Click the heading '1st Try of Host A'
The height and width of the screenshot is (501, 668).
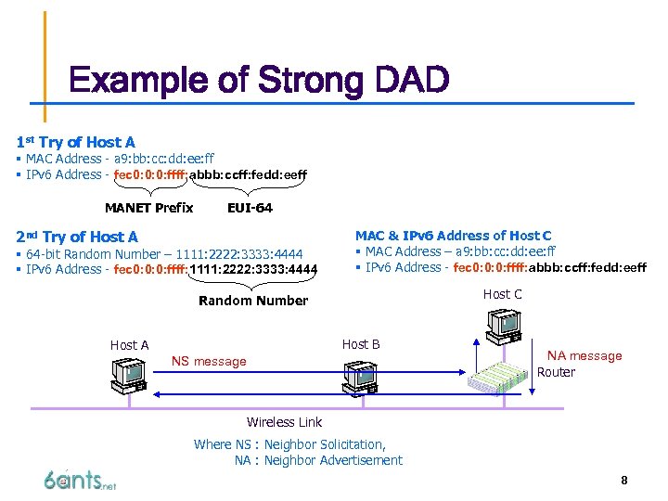pos(75,142)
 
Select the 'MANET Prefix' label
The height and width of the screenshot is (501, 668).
pos(148,208)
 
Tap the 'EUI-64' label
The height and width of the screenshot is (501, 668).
pos(250,208)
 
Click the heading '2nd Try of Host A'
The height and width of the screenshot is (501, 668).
pos(77,237)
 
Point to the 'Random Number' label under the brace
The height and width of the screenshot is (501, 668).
pos(253,301)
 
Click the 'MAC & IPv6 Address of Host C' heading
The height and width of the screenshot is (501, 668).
pos(453,236)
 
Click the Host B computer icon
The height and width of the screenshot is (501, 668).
pos(359,376)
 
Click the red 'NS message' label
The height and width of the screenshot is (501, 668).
pos(209,361)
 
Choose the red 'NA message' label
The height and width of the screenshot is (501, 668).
pos(584,355)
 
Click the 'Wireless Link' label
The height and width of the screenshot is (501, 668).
pos(284,422)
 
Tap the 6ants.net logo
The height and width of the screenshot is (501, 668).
pos(80,480)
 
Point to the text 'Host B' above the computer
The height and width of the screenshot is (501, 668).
pos(361,344)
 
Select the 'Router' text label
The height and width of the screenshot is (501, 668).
pos(556,372)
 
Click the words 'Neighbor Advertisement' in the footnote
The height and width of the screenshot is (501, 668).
pos(333,460)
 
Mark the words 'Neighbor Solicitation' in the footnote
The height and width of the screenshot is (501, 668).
pos(325,444)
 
